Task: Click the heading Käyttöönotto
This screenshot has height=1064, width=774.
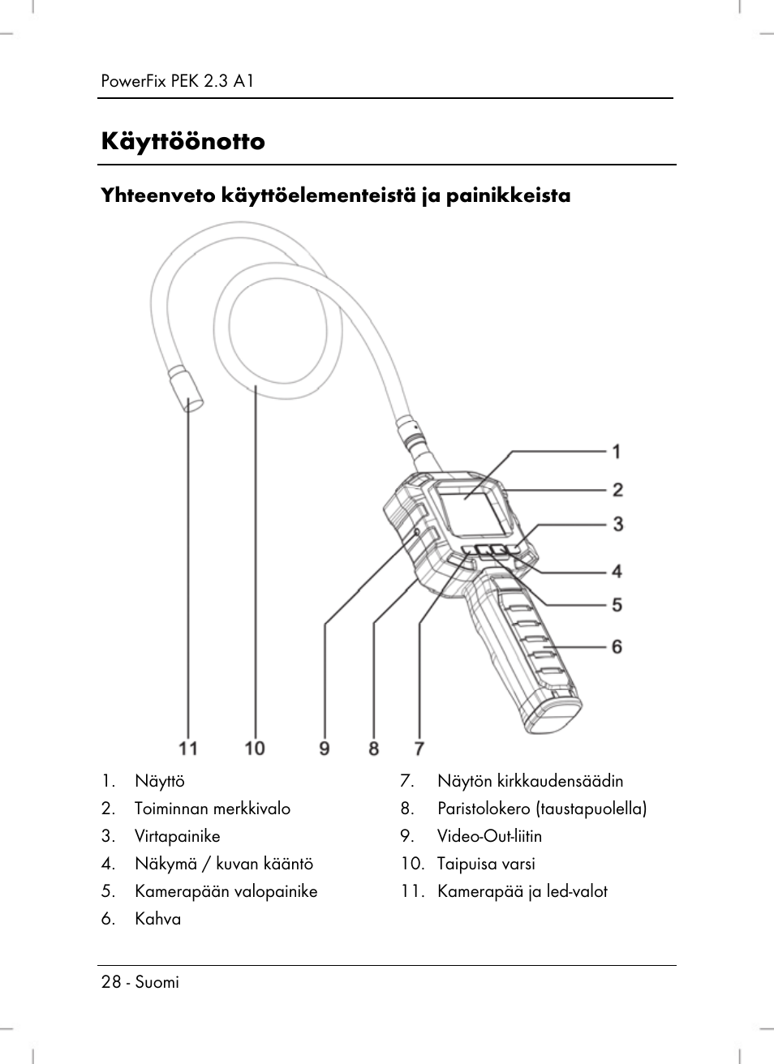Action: [183, 142]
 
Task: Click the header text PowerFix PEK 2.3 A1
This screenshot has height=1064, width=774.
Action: [178, 81]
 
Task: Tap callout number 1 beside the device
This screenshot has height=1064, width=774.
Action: [617, 451]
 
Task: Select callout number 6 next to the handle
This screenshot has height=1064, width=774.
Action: [617, 646]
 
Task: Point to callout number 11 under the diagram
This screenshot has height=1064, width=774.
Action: [188, 747]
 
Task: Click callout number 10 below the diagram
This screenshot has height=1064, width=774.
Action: [255, 747]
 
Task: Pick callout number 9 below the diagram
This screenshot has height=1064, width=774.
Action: [325, 747]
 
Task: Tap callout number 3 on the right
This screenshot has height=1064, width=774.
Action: [618, 524]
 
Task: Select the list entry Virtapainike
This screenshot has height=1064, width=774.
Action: [177, 836]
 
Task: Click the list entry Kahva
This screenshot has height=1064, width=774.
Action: [157, 919]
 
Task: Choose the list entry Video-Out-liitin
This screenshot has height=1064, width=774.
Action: [489, 836]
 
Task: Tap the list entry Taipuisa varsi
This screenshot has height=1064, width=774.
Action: [486, 864]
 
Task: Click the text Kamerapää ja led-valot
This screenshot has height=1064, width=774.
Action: [522, 891]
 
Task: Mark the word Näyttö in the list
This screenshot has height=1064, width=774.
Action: [160, 781]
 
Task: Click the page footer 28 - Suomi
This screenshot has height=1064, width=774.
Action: [140, 982]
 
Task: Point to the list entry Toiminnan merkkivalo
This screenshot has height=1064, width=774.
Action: [212, 809]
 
